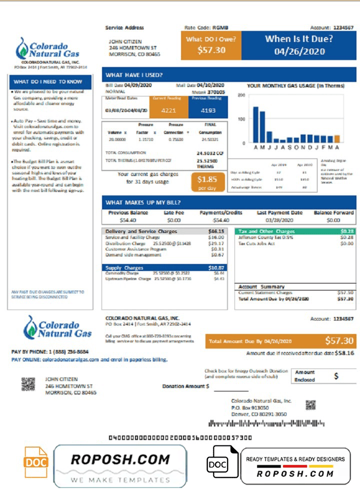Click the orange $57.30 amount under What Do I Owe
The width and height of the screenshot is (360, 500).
pos(211,50)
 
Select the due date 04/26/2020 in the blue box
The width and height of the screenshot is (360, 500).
pos(299,51)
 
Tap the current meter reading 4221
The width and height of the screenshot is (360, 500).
pos(169,110)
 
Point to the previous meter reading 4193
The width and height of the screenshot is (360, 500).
pos(207,110)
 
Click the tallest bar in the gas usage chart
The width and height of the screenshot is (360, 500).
pos(255,124)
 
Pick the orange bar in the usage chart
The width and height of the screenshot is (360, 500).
pos(337,139)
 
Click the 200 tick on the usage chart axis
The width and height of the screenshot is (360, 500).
pos(241,95)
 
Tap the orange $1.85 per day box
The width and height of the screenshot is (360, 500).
pos(207,181)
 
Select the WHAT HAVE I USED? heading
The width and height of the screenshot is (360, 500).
pos(133,75)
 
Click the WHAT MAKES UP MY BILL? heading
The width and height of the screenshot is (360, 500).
pos(143,202)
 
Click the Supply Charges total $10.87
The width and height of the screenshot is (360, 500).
pos(216,268)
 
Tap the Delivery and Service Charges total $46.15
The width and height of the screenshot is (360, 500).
pos(216,231)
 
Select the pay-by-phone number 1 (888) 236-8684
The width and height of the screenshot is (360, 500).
pos(67,352)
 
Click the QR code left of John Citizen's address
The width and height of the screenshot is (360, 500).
pos(28,383)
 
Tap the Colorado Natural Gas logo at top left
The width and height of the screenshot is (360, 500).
pos(47,49)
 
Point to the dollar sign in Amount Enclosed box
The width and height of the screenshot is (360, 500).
pos(336,375)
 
